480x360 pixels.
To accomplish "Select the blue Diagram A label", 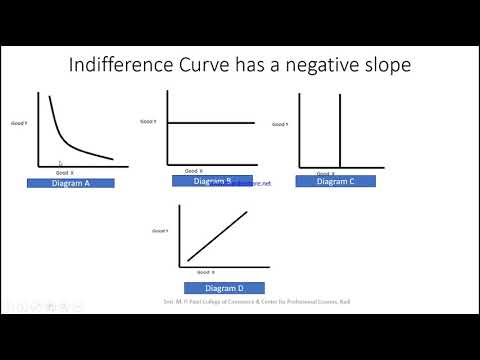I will (71, 183).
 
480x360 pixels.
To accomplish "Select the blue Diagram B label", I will (212, 181).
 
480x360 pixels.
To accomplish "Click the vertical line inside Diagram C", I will (341, 130).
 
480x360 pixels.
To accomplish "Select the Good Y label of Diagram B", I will (147, 122).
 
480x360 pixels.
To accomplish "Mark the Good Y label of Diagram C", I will (280, 124).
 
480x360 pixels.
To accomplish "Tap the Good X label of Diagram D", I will (204, 272).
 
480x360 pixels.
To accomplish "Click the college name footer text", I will (262, 300).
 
